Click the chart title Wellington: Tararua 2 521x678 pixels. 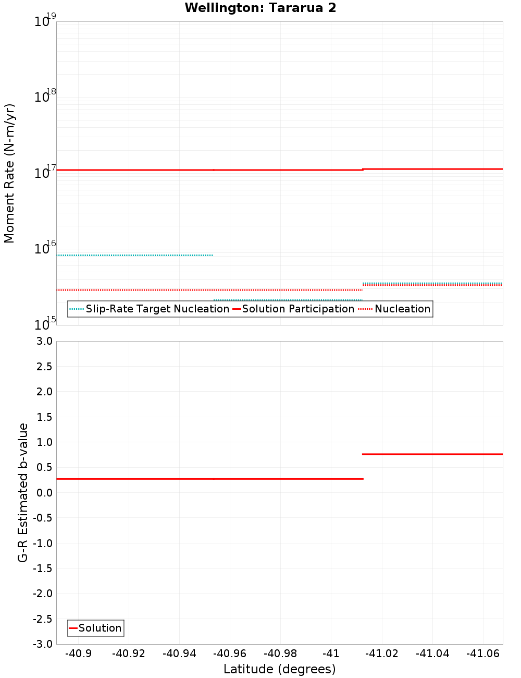260,8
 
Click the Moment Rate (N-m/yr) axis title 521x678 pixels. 9,173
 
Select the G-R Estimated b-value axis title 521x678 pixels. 23,492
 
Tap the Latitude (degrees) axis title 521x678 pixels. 279,669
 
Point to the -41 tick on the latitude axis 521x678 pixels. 331,653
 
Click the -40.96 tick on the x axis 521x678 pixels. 230,653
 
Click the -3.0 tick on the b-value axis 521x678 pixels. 42,644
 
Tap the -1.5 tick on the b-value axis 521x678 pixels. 42,568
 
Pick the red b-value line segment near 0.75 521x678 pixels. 432,454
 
